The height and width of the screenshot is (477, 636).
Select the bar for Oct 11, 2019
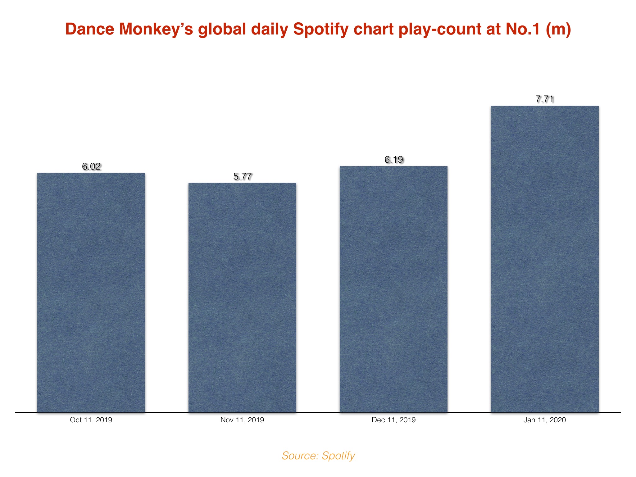pyautogui.click(x=91, y=293)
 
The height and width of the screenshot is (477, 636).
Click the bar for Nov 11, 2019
pyautogui.click(x=242, y=298)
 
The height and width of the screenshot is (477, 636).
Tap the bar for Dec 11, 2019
pyautogui.click(x=393, y=289)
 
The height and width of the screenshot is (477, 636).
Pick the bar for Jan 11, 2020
pyautogui.click(x=545, y=259)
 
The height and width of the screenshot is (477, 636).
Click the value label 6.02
pyautogui.click(x=91, y=166)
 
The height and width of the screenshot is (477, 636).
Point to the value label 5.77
pyautogui.click(x=242, y=176)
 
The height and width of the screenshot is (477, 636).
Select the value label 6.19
pyautogui.click(x=394, y=160)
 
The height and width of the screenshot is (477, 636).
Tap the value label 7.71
pyautogui.click(x=545, y=99)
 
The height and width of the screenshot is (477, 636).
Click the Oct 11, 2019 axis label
pyautogui.click(x=91, y=420)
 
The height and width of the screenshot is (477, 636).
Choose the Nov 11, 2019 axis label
pyautogui.click(x=242, y=420)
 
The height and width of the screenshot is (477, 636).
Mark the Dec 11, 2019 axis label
pyautogui.click(x=393, y=420)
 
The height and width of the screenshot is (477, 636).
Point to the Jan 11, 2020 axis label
pyautogui.click(x=545, y=420)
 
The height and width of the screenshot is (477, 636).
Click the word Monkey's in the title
pyautogui.click(x=155, y=30)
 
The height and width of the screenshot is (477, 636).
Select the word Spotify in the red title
pyautogui.click(x=320, y=30)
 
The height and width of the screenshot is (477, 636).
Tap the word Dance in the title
pyautogui.click(x=90, y=29)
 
